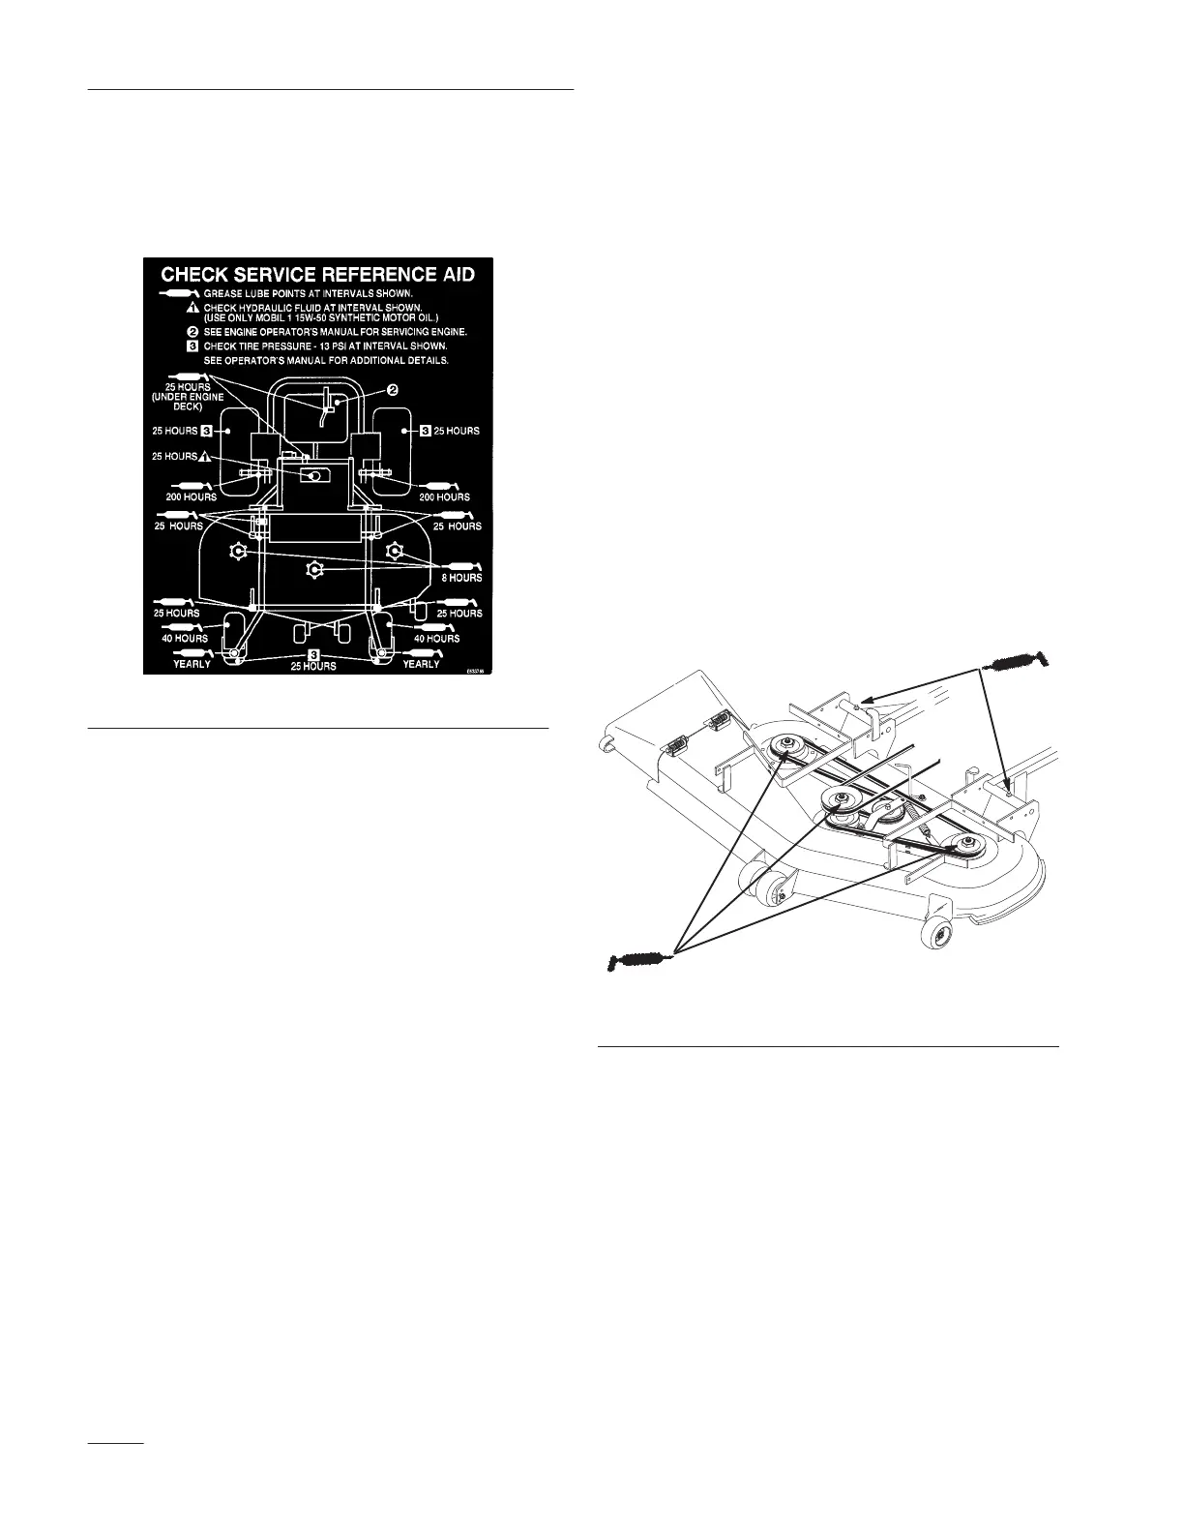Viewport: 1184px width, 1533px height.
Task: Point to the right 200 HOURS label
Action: point(444,496)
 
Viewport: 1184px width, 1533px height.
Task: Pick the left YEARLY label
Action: point(192,664)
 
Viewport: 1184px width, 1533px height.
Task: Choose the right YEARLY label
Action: point(421,664)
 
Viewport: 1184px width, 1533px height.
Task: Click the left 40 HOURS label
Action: point(184,638)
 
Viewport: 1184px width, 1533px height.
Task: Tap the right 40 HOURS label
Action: point(436,638)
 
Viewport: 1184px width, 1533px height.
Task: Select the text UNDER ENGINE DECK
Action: point(189,402)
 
